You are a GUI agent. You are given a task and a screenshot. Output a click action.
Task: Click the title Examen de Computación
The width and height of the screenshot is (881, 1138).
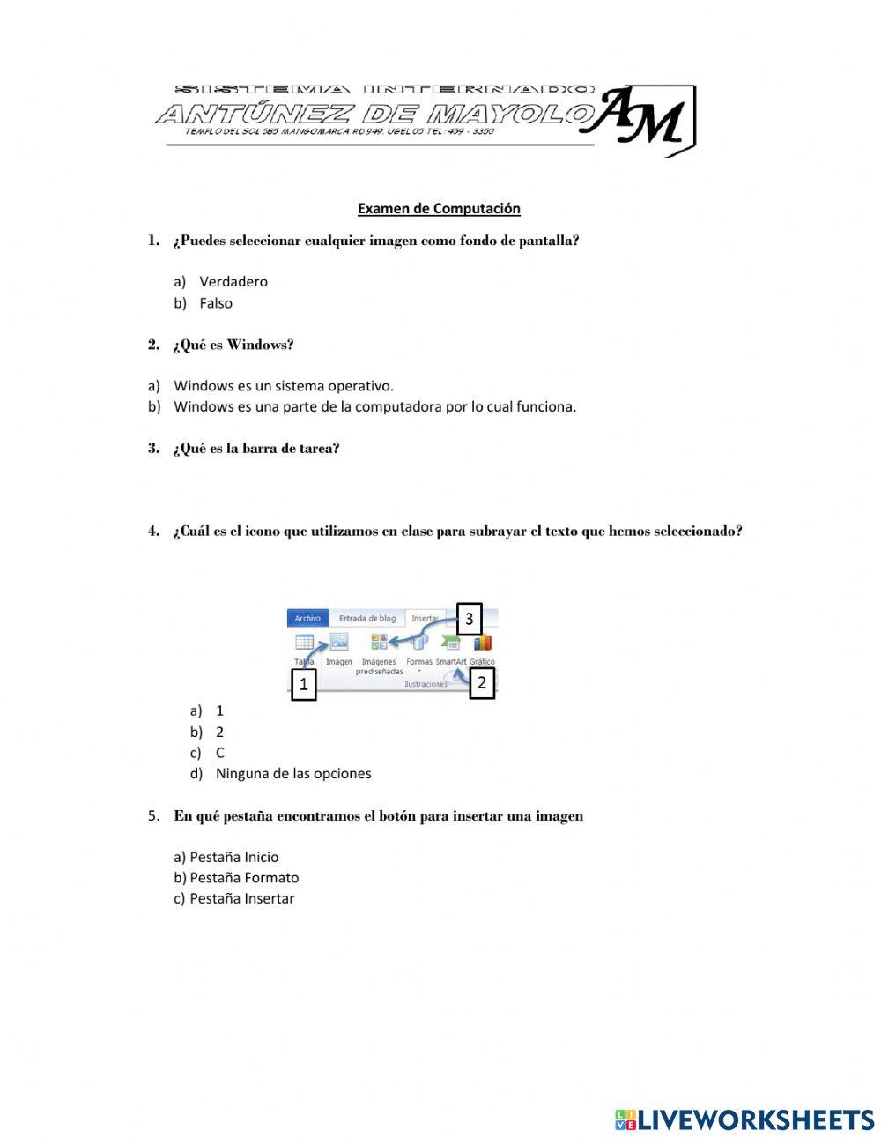click(439, 209)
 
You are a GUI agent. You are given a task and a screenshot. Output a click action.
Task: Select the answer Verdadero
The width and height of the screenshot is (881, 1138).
click(233, 282)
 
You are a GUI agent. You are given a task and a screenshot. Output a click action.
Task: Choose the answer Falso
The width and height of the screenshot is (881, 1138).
click(216, 303)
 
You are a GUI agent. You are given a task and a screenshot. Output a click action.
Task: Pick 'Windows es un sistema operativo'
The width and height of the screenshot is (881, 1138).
click(283, 386)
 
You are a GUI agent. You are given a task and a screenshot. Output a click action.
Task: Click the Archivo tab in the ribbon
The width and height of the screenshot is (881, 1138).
click(307, 619)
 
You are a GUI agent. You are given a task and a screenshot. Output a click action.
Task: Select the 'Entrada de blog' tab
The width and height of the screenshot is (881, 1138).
click(367, 619)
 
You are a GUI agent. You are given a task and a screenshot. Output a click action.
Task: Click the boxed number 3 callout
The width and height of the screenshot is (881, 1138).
click(469, 619)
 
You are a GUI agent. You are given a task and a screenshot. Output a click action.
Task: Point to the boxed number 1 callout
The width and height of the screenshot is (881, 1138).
click(303, 684)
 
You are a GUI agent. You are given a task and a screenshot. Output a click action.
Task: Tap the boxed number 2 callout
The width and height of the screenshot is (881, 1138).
click(482, 682)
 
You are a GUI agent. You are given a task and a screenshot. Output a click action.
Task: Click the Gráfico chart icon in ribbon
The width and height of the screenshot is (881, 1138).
click(483, 643)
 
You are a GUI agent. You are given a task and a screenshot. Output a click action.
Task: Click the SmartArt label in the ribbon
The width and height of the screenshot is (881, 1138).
click(451, 662)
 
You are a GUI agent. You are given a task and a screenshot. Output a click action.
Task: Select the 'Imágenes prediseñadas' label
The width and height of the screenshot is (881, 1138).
click(379, 666)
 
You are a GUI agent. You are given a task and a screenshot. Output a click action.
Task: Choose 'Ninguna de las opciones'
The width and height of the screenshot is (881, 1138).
click(293, 774)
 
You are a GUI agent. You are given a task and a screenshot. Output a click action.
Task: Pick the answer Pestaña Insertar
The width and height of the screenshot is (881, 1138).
click(241, 899)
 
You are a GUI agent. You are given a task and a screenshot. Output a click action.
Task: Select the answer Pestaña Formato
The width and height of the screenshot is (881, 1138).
click(244, 878)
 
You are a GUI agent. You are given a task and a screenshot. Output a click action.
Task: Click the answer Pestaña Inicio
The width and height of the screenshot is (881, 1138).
click(233, 857)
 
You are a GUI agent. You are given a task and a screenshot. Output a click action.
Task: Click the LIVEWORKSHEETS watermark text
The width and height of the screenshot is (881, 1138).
click(756, 1119)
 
